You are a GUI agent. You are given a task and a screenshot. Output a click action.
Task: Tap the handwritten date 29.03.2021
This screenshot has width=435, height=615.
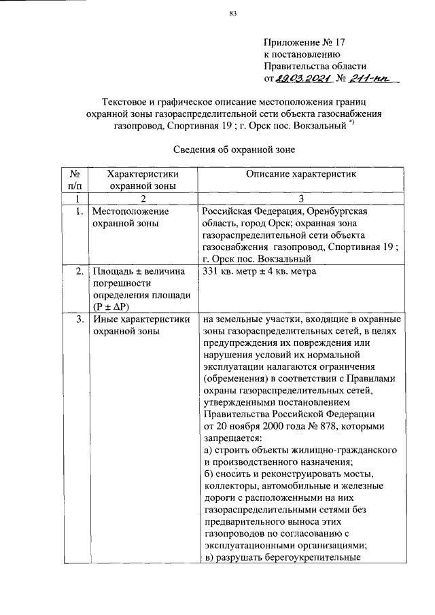click(303, 79)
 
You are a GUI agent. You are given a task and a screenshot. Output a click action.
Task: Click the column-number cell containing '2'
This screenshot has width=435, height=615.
click(143, 198)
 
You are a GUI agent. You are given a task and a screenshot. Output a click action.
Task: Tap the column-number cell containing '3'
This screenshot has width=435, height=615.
click(300, 198)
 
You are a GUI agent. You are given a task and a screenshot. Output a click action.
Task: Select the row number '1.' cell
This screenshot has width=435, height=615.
click(80, 211)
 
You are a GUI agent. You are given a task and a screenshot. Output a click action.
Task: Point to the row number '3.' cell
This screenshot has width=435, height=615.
click(80, 319)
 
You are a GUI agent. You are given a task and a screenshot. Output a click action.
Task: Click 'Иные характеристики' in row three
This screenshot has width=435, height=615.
click(140, 319)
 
